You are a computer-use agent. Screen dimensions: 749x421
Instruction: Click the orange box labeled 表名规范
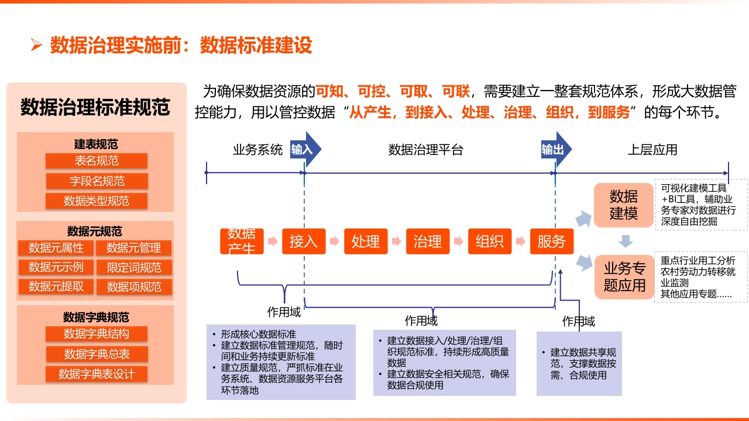97,161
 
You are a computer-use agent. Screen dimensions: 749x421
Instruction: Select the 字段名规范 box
97,181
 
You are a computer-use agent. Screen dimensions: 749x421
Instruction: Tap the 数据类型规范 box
97,201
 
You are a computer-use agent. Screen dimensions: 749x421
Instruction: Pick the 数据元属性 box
56,248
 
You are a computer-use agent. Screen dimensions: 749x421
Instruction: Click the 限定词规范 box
134,267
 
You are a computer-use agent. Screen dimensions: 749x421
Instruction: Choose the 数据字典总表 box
97,354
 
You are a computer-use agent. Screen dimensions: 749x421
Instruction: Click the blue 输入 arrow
305,149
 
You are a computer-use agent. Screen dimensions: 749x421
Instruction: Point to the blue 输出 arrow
556,149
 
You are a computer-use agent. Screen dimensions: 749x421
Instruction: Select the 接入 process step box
304,241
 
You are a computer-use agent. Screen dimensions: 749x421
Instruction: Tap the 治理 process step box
428,241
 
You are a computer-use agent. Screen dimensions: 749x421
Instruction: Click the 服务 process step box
552,241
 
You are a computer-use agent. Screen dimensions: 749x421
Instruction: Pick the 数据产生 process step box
242,241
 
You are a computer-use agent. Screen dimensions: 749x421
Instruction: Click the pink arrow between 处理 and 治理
397,241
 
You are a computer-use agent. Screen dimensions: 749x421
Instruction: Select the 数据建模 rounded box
624,205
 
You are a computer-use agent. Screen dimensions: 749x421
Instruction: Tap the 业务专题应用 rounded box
624,277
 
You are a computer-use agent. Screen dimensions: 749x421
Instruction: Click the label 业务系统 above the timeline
258,150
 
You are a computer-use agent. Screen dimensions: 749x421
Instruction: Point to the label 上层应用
652,150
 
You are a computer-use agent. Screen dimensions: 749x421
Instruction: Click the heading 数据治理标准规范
95,107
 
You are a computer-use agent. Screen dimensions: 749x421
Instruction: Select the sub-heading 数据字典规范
96,317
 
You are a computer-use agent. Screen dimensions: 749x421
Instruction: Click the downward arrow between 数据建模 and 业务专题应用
626,241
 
